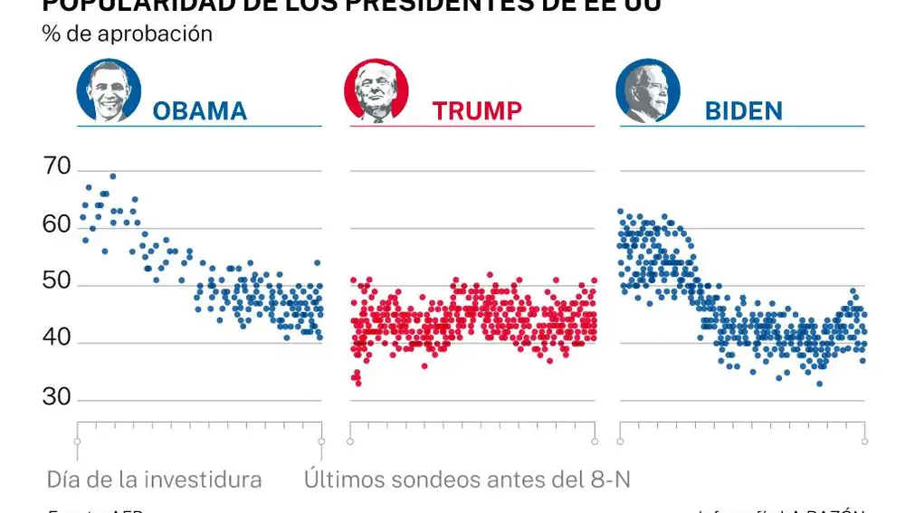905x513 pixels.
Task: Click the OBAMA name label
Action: [x=199, y=111]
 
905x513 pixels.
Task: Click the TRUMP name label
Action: [x=477, y=111]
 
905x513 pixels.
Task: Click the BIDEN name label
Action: [x=743, y=111]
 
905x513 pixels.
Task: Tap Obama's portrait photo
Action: [x=110, y=92]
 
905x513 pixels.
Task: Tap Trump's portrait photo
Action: [x=376, y=92]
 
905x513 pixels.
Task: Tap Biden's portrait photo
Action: [x=648, y=92]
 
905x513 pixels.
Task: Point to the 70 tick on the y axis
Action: [x=56, y=166]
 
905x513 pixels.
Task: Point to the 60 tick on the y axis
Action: [x=56, y=223]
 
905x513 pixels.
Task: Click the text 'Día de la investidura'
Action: [x=154, y=479]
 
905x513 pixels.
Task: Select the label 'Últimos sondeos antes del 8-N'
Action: [x=467, y=479]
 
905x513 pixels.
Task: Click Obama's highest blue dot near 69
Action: [x=113, y=176]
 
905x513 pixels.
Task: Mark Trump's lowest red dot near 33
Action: [x=358, y=384]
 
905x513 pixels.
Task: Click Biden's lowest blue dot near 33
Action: [x=819, y=384]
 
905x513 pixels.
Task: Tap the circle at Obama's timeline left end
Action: [x=78, y=442]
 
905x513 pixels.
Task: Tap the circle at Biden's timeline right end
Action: [x=865, y=442]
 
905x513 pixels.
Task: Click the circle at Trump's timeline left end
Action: [x=350, y=442]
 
